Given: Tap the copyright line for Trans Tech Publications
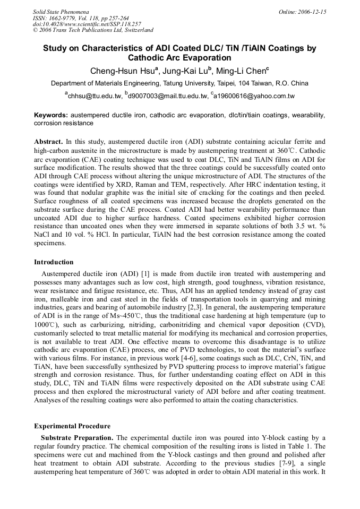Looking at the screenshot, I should pyautogui.click(x=93, y=30).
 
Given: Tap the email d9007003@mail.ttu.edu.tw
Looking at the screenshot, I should pyautogui.click(x=167, y=96).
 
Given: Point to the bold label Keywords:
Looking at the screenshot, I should pyautogui.click(x=51, y=115).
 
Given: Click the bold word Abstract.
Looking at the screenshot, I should pyautogui.click(x=48, y=142).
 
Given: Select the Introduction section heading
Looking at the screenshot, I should pyautogui.click(x=54, y=262).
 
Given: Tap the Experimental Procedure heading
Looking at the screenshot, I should pyautogui.click(x=72, y=426).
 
